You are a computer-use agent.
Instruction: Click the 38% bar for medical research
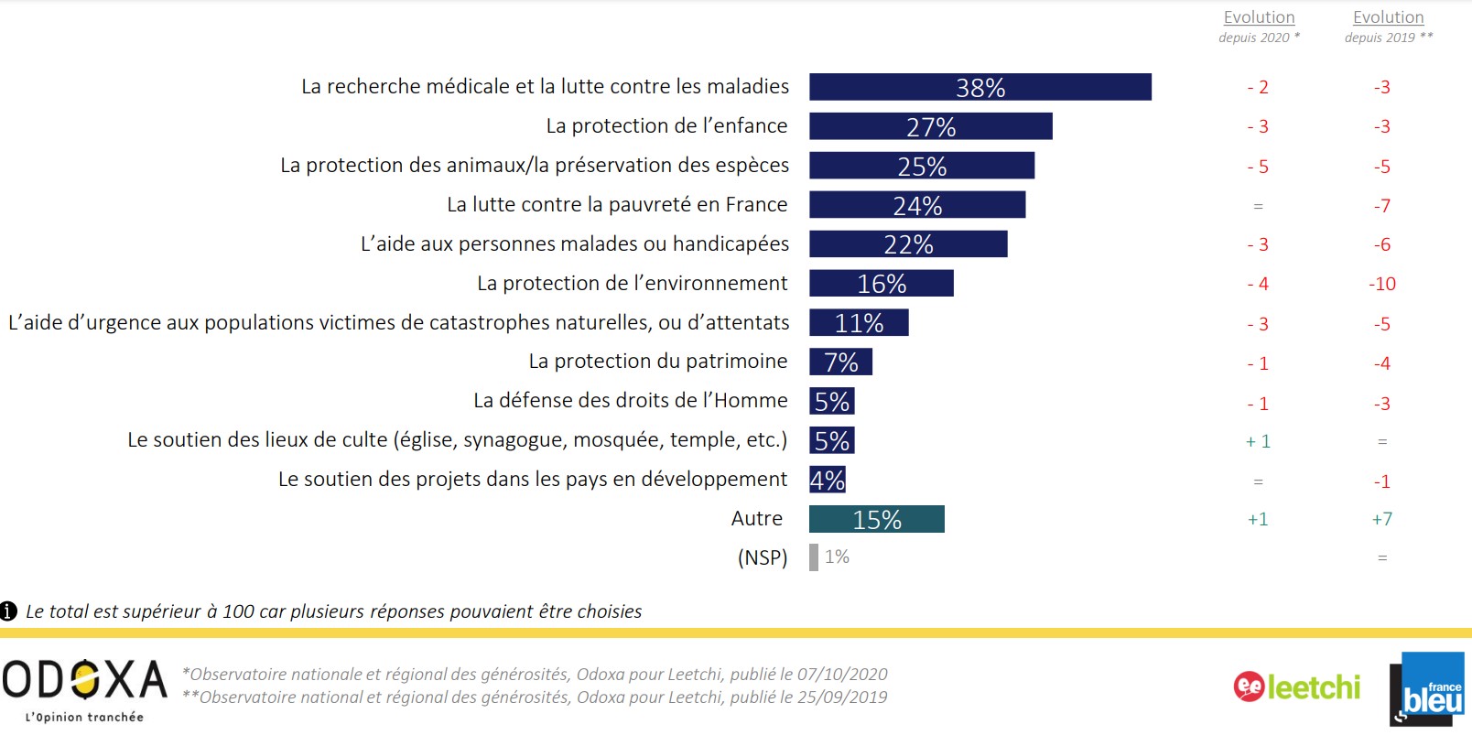(x=980, y=87)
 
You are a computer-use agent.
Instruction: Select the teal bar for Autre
(x=876, y=519)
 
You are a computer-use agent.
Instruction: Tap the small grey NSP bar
(x=813, y=557)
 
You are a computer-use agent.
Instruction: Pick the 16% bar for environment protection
(x=881, y=284)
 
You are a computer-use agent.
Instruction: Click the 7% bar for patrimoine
(x=840, y=362)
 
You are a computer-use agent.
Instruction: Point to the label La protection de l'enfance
(x=666, y=126)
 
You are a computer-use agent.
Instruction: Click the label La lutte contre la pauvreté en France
(x=617, y=205)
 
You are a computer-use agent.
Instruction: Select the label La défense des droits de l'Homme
(x=630, y=401)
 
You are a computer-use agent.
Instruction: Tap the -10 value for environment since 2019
(x=1382, y=285)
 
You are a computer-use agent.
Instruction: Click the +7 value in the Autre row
(x=1382, y=520)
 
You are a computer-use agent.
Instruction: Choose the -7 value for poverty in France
(x=1382, y=206)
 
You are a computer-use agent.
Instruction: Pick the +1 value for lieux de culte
(x=1258, y=441)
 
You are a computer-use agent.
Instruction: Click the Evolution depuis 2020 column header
(x=1259, y=26)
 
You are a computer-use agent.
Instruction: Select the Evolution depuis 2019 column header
(x=1388, y=26)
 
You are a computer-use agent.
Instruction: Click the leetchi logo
(x=1296, y=686)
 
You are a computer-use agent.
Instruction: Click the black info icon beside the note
(x=9, y=611)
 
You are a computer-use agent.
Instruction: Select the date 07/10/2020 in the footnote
(x=841, y=675)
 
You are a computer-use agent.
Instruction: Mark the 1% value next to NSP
(x=837, y=557)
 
